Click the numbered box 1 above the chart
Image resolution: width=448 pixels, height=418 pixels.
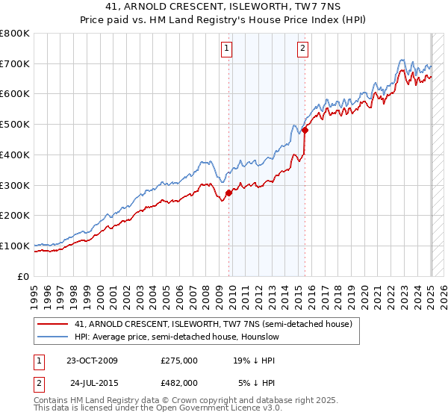[x=226, y=49]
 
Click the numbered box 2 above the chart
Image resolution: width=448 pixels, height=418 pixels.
[x=302, y=49]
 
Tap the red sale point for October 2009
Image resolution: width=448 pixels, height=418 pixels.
[x=229, y=193]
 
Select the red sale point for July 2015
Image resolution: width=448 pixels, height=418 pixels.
[x=305, y=130]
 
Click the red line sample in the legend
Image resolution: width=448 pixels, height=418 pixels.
[x=53, y=324]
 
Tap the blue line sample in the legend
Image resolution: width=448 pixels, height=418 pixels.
[x=53, y=337]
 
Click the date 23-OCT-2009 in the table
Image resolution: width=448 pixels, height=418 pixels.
[x=92, y=361]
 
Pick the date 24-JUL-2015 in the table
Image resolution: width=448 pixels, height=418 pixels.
[x=93, y=384]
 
